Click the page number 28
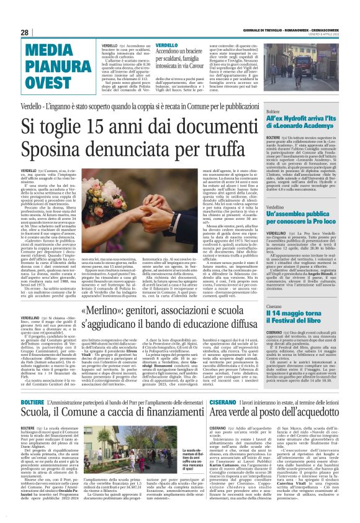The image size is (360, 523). (25, 32)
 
